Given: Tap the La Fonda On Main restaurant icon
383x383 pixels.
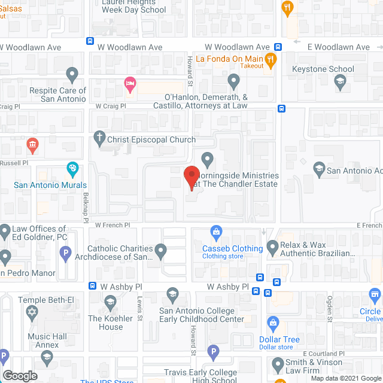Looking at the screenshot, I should coord(271,59).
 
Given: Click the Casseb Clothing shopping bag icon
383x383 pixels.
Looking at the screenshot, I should coord(215,232).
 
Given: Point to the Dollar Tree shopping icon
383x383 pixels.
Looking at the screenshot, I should coord(273,324).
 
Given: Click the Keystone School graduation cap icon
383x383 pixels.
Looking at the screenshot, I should coord(341,82).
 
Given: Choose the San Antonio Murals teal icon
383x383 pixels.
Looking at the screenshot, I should coord(72,169).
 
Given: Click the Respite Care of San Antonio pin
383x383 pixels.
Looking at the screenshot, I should coord(72,75).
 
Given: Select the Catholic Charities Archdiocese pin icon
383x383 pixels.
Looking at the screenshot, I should coord(160,249).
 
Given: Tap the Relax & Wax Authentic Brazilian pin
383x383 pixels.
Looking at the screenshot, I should coord(273,246).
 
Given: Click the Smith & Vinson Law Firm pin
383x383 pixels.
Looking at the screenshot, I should coord(278,363).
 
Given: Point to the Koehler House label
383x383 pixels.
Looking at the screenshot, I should coord(106,323).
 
